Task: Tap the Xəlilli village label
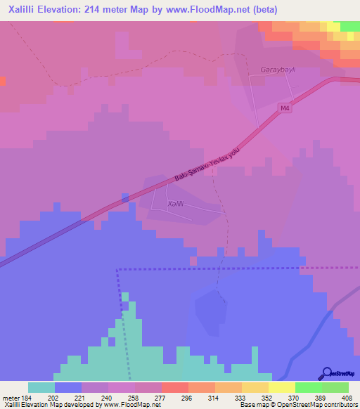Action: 176,203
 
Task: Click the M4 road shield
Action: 284,108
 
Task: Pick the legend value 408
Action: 347,397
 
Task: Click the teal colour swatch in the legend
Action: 41,387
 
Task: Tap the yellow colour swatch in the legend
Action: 281,387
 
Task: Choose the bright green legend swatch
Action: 308,387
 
